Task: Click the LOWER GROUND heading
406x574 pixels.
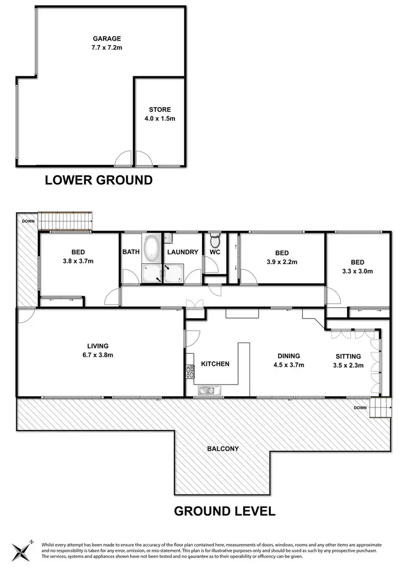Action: click(99, 180)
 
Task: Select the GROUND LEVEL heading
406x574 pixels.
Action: click(224, 510)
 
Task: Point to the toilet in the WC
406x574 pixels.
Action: click(215, 239)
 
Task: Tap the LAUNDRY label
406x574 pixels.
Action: click(182, 252)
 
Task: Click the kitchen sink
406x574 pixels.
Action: click(207, 390)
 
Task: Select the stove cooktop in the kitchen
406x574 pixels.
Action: click(190, 372)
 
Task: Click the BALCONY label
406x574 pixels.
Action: click(222, 448)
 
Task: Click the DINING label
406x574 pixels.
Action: click(289, 356)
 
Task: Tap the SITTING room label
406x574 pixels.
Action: click(348, 356)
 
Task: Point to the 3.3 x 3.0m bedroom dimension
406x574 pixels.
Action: click(357, 272)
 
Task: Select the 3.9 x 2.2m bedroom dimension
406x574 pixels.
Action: click(281, 262)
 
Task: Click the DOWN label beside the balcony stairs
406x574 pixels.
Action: click(360, 407)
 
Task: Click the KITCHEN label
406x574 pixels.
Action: click(215, 364)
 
